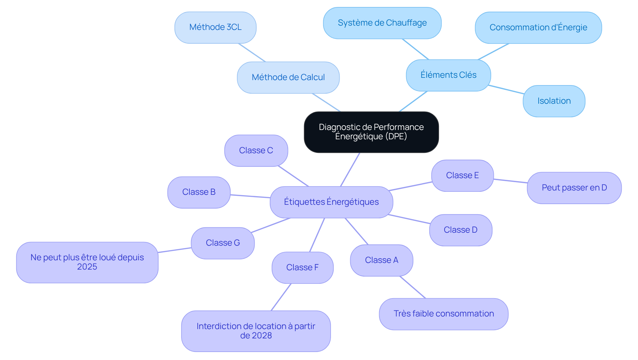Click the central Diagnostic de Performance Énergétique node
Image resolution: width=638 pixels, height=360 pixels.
point(371,132)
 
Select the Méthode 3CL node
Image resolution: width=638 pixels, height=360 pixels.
point(215,27)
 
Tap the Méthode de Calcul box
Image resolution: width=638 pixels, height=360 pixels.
point(288,77)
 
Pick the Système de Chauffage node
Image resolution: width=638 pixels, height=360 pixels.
point(382,23)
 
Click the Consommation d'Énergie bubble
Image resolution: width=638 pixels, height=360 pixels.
point(538,28)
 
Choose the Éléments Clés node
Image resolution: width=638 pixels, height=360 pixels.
point(448,75)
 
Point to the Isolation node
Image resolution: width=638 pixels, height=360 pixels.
point(554,101)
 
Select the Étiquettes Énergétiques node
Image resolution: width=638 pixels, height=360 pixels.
point(331,202)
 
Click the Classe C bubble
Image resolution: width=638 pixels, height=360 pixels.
point(256,151)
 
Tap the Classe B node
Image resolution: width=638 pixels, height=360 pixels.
point(199,192)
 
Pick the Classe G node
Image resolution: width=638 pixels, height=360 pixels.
point(223,243)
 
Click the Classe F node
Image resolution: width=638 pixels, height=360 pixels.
point(302,268)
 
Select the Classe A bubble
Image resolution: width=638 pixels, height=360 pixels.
point(381,260)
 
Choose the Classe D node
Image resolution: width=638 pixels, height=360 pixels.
point(461,230)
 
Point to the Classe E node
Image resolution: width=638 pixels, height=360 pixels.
point(462,176)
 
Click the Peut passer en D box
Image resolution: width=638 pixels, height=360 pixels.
point(574,188)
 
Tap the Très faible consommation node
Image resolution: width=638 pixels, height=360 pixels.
point(444,314)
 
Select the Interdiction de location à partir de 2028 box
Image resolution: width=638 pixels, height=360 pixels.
point(256,331)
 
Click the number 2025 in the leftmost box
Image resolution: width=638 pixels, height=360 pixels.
point(87,267)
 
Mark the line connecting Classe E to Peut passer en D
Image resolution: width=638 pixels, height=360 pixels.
point(510,181)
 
